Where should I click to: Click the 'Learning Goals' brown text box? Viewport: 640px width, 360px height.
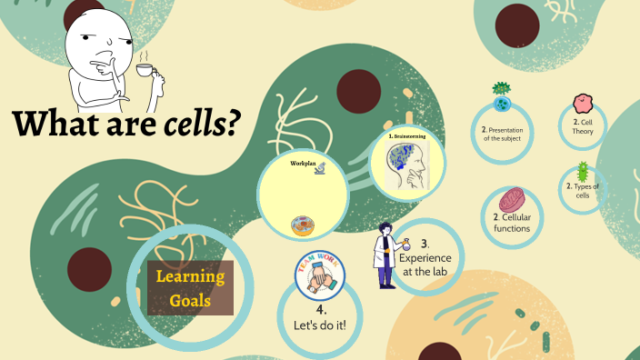[x=190, y=287]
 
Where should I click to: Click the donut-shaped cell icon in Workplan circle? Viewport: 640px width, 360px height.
[x=302, y=225]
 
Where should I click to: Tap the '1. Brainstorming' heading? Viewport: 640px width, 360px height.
[x=406, y=136]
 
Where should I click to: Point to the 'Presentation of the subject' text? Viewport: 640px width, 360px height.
[x=504, y=134]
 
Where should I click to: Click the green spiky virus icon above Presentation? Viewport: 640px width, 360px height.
[x=501, y=92]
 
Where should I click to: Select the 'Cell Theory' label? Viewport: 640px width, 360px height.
[x=582, y=126]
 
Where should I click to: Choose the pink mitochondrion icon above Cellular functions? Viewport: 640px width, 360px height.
[x=512, y=201]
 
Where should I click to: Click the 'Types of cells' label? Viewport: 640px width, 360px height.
[x=582, y=191]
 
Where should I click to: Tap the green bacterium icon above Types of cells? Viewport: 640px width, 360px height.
[x=583, y=171]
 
